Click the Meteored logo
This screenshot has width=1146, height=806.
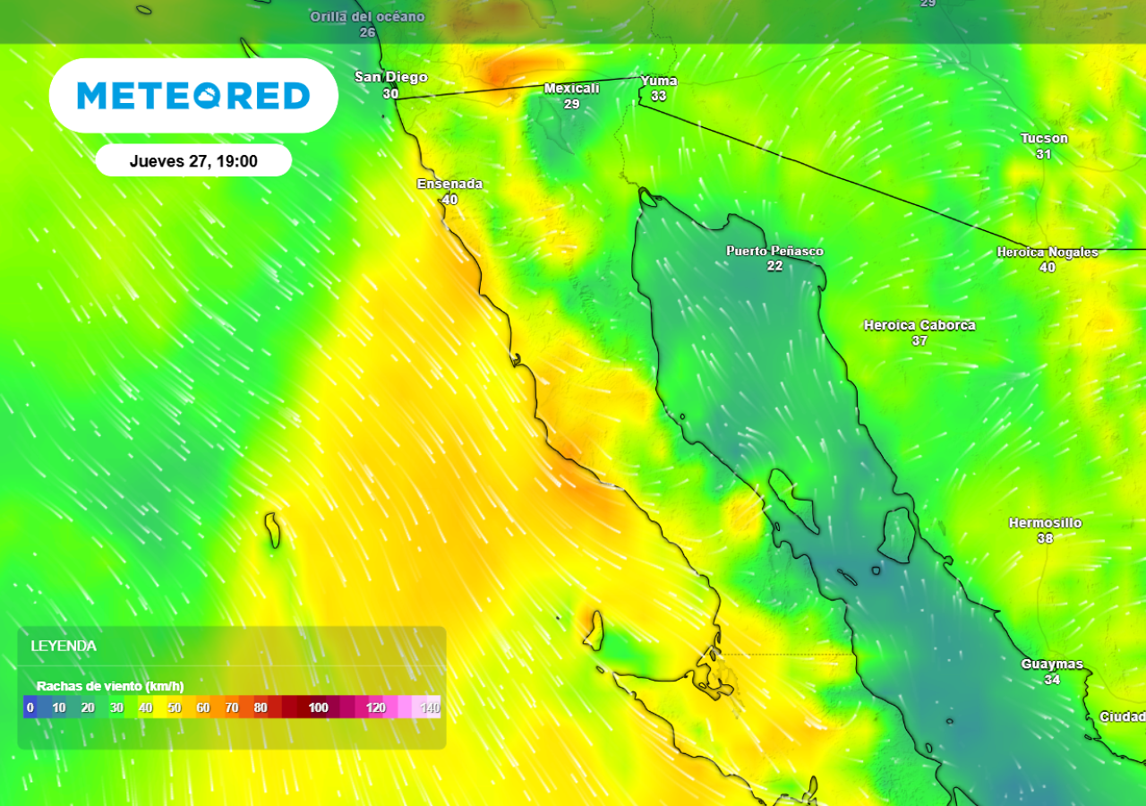point(193,96)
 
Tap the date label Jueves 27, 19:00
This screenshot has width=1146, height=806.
point(193,161)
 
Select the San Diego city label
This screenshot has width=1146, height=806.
point(391,77)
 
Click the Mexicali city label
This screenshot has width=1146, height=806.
point(572,89)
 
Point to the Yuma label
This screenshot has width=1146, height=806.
point(659,81)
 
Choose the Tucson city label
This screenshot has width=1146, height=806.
point(1044,138)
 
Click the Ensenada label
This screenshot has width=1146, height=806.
point(449,184)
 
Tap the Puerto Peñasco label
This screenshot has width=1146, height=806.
point(774,251)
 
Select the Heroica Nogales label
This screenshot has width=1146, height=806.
point(1048,253)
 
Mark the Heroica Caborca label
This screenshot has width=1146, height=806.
point(919,325)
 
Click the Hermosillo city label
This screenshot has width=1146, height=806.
point(1045,522)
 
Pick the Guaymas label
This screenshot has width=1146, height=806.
point(1052,665)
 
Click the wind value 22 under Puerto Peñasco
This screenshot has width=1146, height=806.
point(774,266)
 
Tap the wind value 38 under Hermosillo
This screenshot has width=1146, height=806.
point(1045,538)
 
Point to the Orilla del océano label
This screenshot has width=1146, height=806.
point(367,17)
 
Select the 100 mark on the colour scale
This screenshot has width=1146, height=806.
point(318,707)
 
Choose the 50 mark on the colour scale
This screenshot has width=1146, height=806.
point(174,707)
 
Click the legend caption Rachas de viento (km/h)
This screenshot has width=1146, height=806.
point(110,686)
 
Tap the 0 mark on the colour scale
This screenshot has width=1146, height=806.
point(30,707)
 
